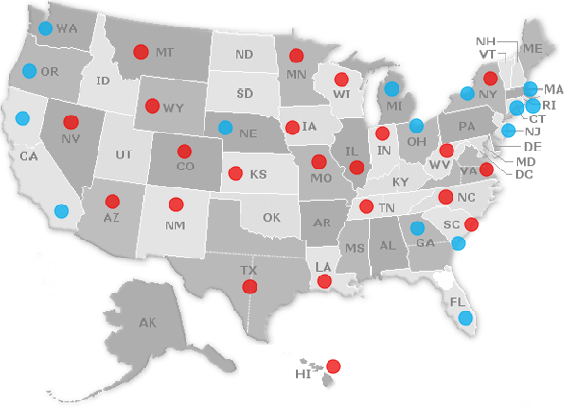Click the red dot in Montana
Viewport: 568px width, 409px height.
coord(141,52)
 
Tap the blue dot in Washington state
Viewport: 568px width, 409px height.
coord(45,28)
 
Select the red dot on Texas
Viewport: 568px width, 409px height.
coord(250,286)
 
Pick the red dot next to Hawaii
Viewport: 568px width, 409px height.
coord(333,366)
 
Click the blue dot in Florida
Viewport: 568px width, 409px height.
coord(465,318)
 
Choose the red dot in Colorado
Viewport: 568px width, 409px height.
coord(184,151)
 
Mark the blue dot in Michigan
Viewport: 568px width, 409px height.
coord(391,89)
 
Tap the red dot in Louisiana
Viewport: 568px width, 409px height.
coord(325,281)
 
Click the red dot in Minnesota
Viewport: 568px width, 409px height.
coord(295,56)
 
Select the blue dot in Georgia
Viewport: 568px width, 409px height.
coord(417,227)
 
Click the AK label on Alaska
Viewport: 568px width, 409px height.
coord(147,324)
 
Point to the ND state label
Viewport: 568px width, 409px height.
coord(244,55)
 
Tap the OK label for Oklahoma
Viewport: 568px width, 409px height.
coord(272,217)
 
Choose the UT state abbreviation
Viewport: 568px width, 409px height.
coord(124,153)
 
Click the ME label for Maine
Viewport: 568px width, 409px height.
coord(532,48)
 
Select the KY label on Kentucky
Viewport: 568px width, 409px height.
coord(400,181)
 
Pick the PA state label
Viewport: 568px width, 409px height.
coord(466,126)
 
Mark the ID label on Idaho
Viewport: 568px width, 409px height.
coord(103,80)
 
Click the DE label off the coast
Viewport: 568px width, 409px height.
coord(531,147)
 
